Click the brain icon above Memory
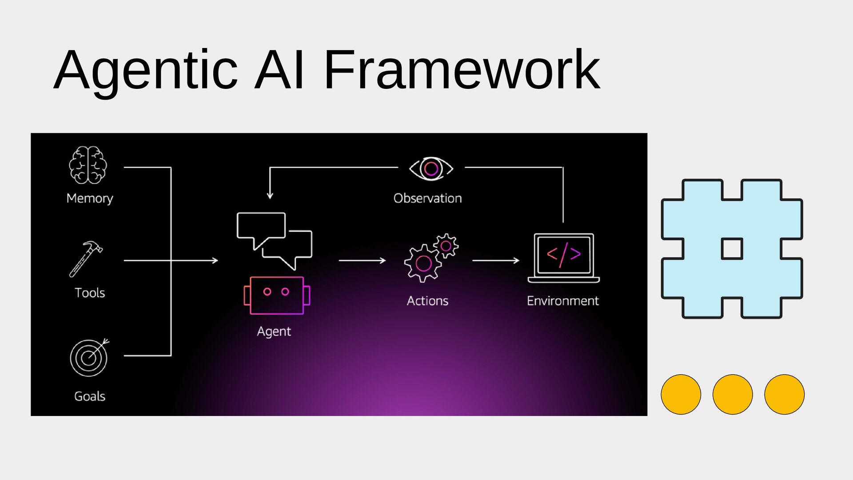coord(88,165)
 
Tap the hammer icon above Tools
coord(86,259)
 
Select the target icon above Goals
coord(89,358)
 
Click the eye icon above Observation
coord(431,168)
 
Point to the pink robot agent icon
coord(277,296)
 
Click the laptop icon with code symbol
coord(563,258)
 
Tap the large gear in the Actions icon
coord(423,263)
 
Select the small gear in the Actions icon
coord(446,246)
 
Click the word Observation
coord(427,198)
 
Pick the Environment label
coord(562,301)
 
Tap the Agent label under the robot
coord(274,332)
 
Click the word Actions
coord(427,301)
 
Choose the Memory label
coord(90,198)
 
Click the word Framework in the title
coord(462,70)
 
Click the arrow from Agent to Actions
coord(362,260)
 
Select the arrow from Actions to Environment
coord(496,260)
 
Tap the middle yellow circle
coord(733,394)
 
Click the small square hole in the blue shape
coord(732,249)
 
